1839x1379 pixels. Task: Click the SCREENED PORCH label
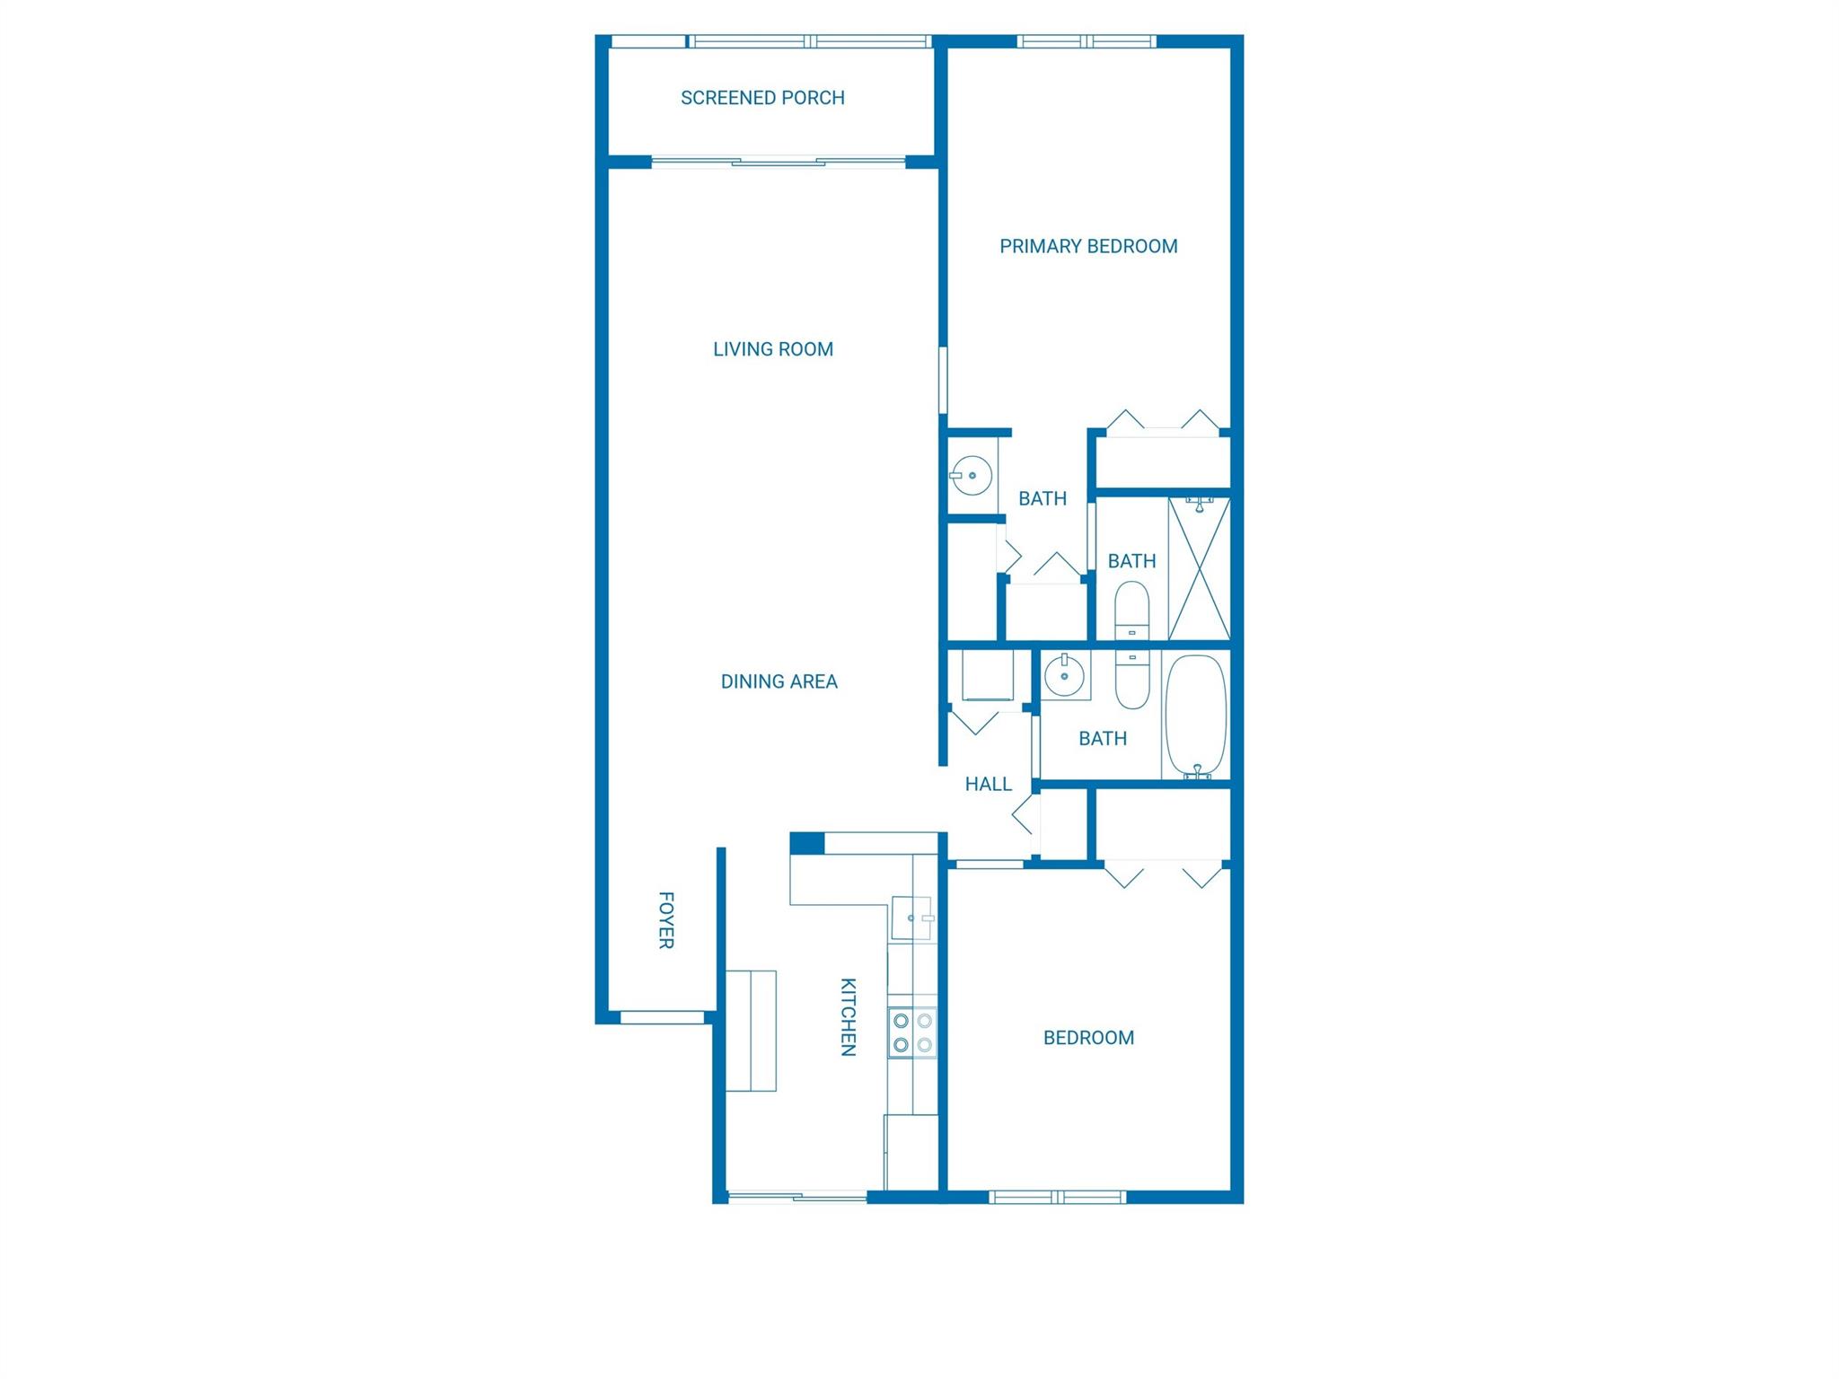pyautogui.click(x=762, y=98)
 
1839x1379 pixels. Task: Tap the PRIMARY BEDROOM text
pyautogui.click(x=1088, y=246)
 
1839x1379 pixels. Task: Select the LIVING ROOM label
pyautogui.click(x=773, y=349)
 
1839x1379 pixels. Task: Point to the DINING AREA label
pyautogui.click(x=779, y=681)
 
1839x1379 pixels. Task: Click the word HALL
pyautogui.click(x=988, y=784)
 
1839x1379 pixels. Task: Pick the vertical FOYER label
pyautogui.click(x=666, y=920)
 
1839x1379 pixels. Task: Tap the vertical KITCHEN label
pyautogui.click(x=848, y=1016)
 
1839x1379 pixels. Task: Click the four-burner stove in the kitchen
pyautogui.click(x=912, y=1032)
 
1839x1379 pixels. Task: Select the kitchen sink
pyautogui.click(x=911, y=918)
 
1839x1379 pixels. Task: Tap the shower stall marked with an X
pyautogui.click(x=1199, y=568)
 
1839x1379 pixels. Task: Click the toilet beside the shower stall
pyautogui.click(x=1131, y=610)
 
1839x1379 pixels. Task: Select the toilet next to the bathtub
pyautogui.click(x=1132, y=680)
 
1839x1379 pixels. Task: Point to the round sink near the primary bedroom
pyautogui.click(x=971, y=475)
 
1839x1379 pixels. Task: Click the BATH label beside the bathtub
pyautogui.click(x=1102, y=738)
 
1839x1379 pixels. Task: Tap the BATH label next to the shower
pyautogui.click(x=1131, y=561)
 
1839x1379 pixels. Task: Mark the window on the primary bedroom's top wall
pyautogui.click(x=1087, y=41)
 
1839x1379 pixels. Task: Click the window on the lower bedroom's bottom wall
pyautogui.click(x=1057, y=1197)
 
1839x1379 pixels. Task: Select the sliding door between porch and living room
pyautogui.click(x=778, y=162)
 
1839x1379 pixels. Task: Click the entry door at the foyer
pyautogui.click(x=663, y=1017)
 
